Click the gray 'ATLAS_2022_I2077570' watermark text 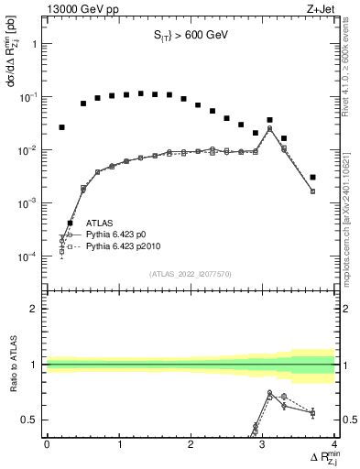(191, 273)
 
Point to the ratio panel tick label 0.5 (31, 420)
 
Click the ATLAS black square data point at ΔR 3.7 (312, 177)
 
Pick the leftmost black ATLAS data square (61, 127)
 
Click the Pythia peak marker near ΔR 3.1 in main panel (269, 128)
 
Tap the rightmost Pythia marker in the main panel (312, 191)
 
